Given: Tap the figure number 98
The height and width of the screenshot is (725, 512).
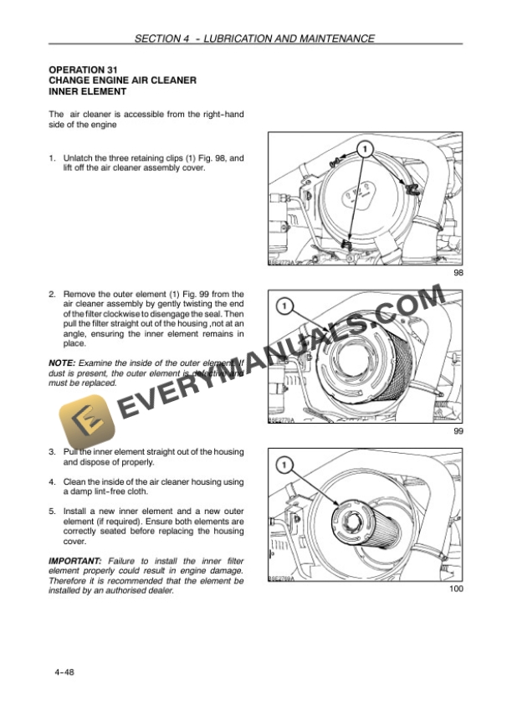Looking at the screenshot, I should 458,273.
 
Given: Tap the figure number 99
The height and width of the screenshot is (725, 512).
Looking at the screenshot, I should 458,430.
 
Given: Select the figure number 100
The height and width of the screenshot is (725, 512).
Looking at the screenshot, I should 456,589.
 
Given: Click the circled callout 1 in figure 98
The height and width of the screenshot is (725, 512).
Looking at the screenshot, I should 365,149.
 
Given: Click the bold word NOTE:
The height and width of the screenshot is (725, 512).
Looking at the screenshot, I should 64,362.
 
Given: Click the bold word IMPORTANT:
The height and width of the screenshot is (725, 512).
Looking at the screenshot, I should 75,560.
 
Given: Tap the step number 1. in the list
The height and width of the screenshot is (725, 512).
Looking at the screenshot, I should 52,158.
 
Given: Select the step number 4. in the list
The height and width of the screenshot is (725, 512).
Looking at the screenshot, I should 52,481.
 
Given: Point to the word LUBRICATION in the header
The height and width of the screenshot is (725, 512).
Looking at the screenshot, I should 237,39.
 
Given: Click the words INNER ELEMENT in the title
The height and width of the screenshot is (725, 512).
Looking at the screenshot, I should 88,91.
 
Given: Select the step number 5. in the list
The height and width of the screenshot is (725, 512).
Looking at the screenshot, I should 52,511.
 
